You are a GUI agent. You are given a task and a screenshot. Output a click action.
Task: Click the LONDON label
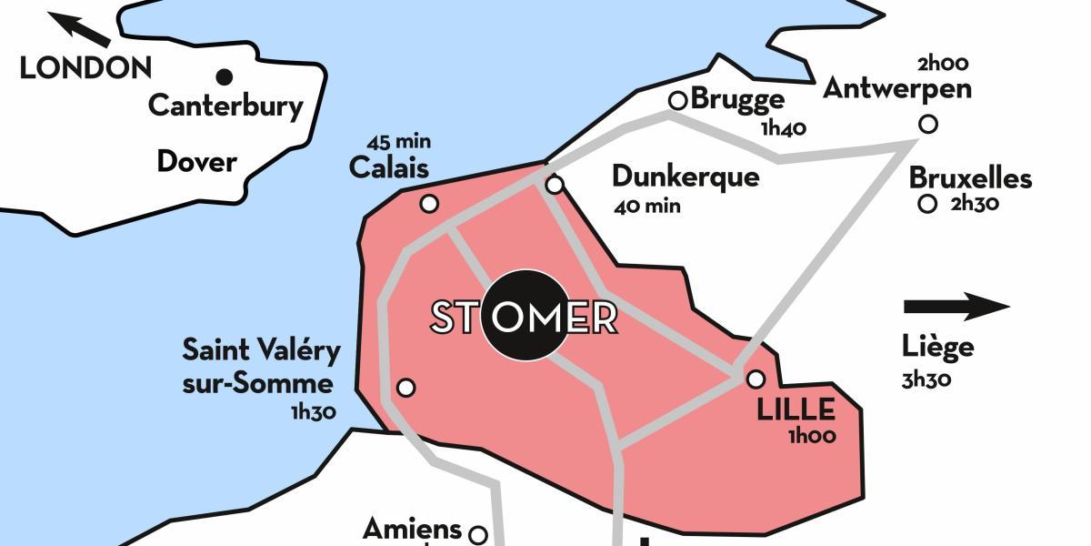85,68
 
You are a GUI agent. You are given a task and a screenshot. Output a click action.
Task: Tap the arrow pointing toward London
79,28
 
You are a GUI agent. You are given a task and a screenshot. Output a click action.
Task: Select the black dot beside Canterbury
224,76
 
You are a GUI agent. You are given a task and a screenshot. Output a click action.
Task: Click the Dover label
196,162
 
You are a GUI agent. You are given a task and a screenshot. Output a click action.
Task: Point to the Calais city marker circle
429,204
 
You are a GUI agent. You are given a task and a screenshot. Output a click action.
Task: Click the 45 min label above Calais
399,142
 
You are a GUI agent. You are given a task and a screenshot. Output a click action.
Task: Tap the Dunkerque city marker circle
554,186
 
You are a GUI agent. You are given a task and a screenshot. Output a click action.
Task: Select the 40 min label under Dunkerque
647,206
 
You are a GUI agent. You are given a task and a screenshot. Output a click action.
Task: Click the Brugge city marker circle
677,100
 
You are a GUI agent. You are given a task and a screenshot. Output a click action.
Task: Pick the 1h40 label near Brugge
784,128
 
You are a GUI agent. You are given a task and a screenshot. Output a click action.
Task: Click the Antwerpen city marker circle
927,125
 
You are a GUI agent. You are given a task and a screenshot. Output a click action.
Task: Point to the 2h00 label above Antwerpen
943,64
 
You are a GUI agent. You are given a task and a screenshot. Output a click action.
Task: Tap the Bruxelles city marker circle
927,205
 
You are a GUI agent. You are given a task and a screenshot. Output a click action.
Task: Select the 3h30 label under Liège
926,379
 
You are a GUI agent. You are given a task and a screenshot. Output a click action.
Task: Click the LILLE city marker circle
756,379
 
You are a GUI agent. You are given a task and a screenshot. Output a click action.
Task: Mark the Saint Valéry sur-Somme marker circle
406,388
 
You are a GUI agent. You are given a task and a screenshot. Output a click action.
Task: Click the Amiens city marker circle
477,533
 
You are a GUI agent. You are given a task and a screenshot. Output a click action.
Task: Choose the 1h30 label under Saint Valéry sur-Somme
314,412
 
